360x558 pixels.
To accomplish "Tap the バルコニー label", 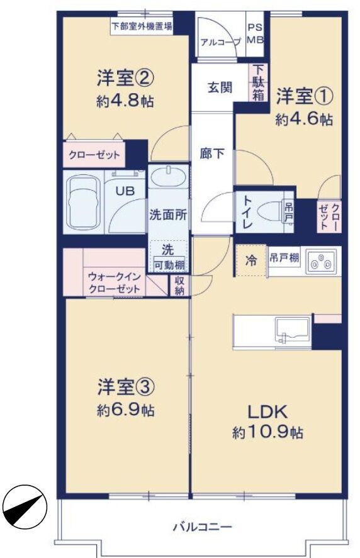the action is [x=202, y=527].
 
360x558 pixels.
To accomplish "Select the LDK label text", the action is [x=267, y=412].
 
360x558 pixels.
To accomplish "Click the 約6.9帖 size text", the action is [x=126, y=411].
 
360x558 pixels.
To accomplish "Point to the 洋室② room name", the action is [x=125, y=77].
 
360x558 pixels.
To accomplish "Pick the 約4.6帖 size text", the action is [x=304, y=120].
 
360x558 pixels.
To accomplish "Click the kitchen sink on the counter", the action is [x=291, y=330].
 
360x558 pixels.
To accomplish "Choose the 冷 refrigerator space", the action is [x=251, y=260].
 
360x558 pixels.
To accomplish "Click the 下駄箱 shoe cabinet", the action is [x=259, y=82].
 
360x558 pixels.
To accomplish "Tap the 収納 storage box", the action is [x=179, y=286].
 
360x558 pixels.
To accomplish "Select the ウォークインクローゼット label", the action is [x=114, y=282].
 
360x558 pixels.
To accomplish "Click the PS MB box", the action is [x=256, y=35].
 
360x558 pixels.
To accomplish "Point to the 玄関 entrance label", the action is [x=220, y=87].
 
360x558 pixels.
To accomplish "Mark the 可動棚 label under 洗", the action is [x=169, y=265].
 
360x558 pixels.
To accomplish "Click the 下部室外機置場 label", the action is [x=142, y=26].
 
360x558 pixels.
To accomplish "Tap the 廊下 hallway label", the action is [x=212, y=153].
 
